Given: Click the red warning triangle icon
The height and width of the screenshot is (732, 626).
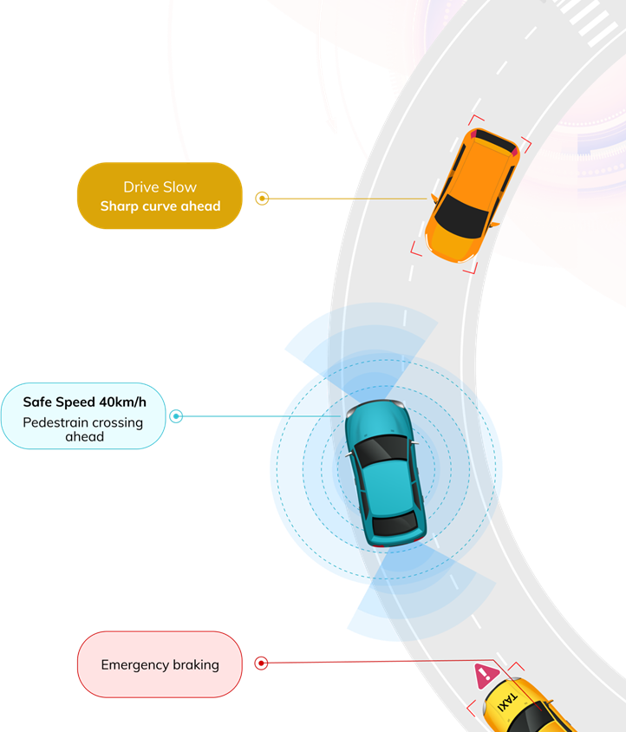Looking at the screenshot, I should pos(484,674).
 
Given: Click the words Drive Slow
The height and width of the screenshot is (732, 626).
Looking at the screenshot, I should pos(160,187).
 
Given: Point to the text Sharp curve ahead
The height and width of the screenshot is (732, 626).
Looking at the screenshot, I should pos(160,206).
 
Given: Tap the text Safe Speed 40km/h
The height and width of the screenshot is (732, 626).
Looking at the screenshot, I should pos(84,402).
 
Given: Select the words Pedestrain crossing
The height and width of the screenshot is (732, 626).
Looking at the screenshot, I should pos(84,422).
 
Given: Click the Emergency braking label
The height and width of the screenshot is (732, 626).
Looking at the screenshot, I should pos(160,665).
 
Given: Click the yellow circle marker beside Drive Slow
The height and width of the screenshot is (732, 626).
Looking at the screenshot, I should pos(262,199).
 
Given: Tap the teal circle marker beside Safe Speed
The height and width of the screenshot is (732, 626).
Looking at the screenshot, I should pos(176,416).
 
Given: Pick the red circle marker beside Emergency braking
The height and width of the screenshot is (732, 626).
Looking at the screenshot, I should pos(261,663).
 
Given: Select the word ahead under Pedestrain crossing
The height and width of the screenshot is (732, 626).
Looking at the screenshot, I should pos(84,436).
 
